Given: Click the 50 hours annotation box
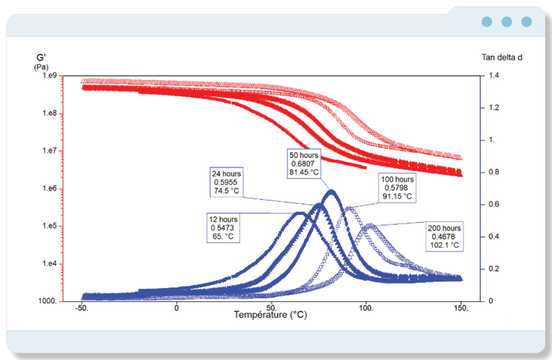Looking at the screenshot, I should tap(303, 165).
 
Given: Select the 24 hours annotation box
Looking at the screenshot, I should tap(226, 183).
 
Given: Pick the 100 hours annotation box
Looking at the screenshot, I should tap(397, 188).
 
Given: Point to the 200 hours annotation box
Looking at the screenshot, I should tap(443, 236).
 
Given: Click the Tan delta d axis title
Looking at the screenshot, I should tap(501, 57).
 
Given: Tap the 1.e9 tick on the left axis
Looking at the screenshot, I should tap(49, 76).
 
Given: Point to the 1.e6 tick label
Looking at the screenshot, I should tap(49, 189).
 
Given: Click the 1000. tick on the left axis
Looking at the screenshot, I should tap(47, 302).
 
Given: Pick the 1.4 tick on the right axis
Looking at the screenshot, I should tap(494, 75).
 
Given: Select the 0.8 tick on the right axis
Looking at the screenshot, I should tap(494, 172).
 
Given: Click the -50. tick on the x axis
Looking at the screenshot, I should tap(80, 308).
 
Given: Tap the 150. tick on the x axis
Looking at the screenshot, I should tap(461, 308).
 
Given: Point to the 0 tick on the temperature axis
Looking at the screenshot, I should tap(176, 308).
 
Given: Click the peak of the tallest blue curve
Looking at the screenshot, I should tap(331, 191).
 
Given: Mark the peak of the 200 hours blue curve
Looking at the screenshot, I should tap(371, 226).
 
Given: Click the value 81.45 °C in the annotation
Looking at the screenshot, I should tap(303, 172).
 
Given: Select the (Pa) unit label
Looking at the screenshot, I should tap(40, 67).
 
